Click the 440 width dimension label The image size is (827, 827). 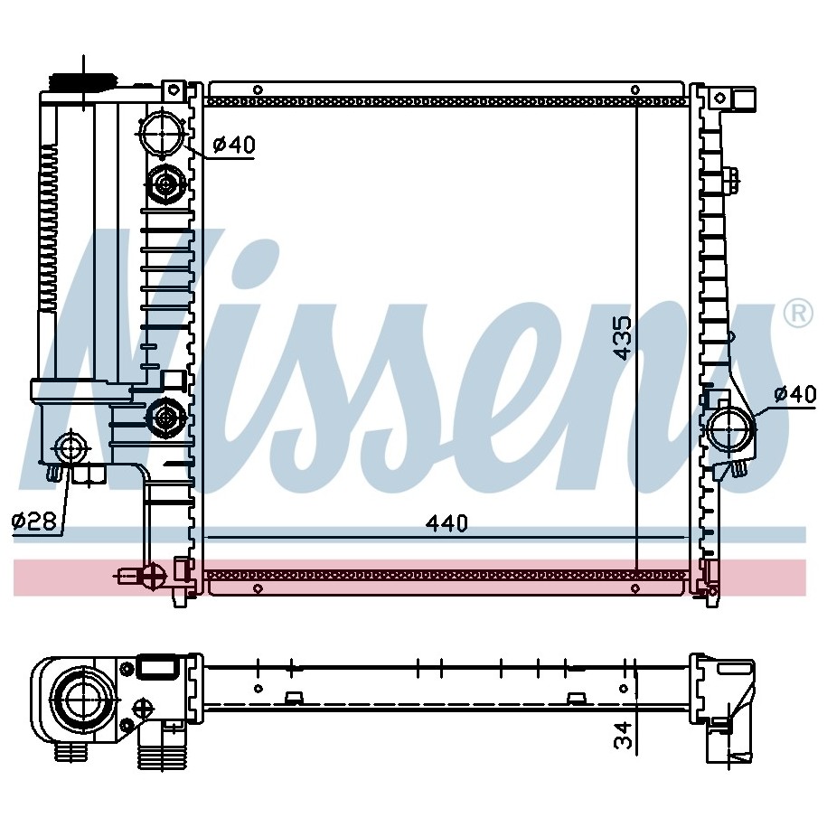[446, 522]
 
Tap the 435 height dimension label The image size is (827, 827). [623, 338]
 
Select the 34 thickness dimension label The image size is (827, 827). [623, 735]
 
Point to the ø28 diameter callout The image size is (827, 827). [34, 522]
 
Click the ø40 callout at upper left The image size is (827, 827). [234, 145]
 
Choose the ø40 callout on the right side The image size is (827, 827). [795, 393]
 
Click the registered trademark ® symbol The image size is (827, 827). [798, 314]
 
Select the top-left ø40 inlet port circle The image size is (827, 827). [163, 132]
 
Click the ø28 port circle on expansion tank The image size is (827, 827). [70, 449]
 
